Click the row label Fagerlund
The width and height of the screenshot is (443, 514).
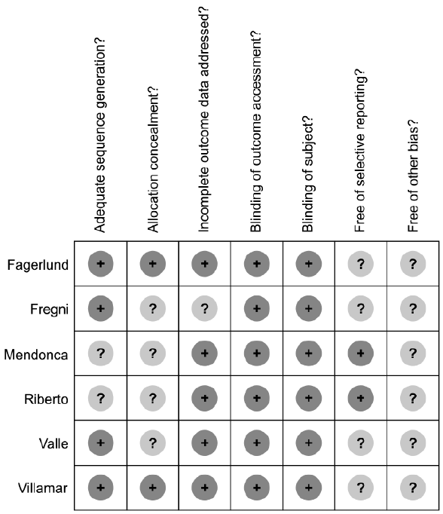point(38,265)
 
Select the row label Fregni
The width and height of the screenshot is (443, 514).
point(49,310)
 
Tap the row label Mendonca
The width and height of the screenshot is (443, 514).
point(35,355)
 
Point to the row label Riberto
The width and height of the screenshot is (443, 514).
point(46,399)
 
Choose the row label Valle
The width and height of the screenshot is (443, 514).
point(53,444)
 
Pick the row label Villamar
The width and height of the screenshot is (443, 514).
point(43,488)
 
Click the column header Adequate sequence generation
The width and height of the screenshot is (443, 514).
point(100,135)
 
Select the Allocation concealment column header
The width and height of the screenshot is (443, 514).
point(152,159)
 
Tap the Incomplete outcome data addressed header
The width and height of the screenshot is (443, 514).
point(204,120)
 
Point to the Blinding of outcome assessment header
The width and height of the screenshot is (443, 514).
point(256,131)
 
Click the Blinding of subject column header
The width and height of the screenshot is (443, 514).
point(308,173)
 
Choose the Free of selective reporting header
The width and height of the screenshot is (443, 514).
point(360,151)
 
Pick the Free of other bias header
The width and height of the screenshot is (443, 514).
point(413,176)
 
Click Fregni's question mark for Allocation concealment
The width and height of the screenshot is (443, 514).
point(153,308)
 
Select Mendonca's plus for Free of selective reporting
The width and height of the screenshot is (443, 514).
point(360,353)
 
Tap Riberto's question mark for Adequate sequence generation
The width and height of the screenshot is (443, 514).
point(101,398)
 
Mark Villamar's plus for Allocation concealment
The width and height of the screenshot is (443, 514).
point(153,488)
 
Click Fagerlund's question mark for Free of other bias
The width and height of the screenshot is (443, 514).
point(413,264)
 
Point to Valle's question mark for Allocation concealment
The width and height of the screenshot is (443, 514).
point(153,443)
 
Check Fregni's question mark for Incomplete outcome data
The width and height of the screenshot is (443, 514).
point(204,308)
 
